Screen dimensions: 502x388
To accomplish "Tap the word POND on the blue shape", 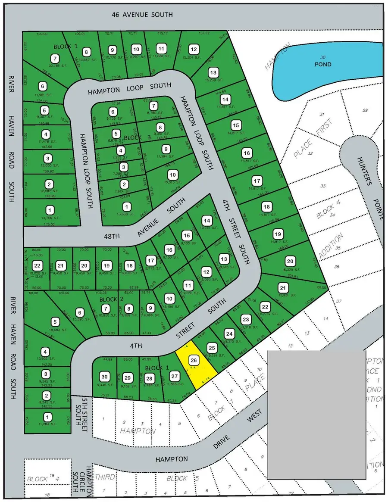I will click(x=322, y=64).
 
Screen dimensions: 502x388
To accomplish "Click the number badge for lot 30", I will click(x=104, y=376).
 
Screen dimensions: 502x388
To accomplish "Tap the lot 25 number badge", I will click(x=211, y=348).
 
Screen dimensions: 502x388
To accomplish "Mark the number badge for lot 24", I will click(x=229, y=333).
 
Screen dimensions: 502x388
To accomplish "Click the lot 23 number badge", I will click(x=246, y=320).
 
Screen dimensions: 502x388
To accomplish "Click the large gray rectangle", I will click(x=316, y=414).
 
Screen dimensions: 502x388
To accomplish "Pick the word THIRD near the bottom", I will click(x=105, y=477).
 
